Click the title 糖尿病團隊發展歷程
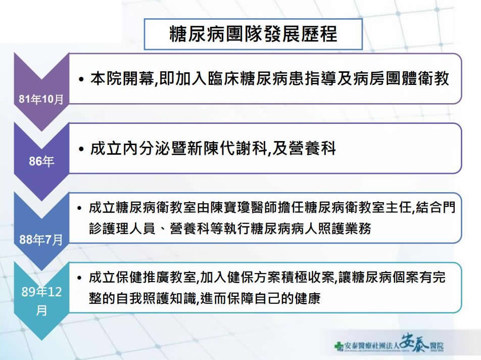(x=254, y=34)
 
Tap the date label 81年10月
(x=41, y=99)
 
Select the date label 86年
(x=41, y=161)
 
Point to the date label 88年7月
(x=41, y=239)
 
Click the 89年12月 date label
(x=41, y=301)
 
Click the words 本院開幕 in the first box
(x=122, y=79)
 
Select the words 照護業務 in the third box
(x=345, y=229)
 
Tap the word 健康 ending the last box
(x=307, y=298)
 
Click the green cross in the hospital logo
(x=339, y=346)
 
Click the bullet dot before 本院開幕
(x=81, y=80)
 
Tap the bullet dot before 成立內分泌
(x=81, y=150)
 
